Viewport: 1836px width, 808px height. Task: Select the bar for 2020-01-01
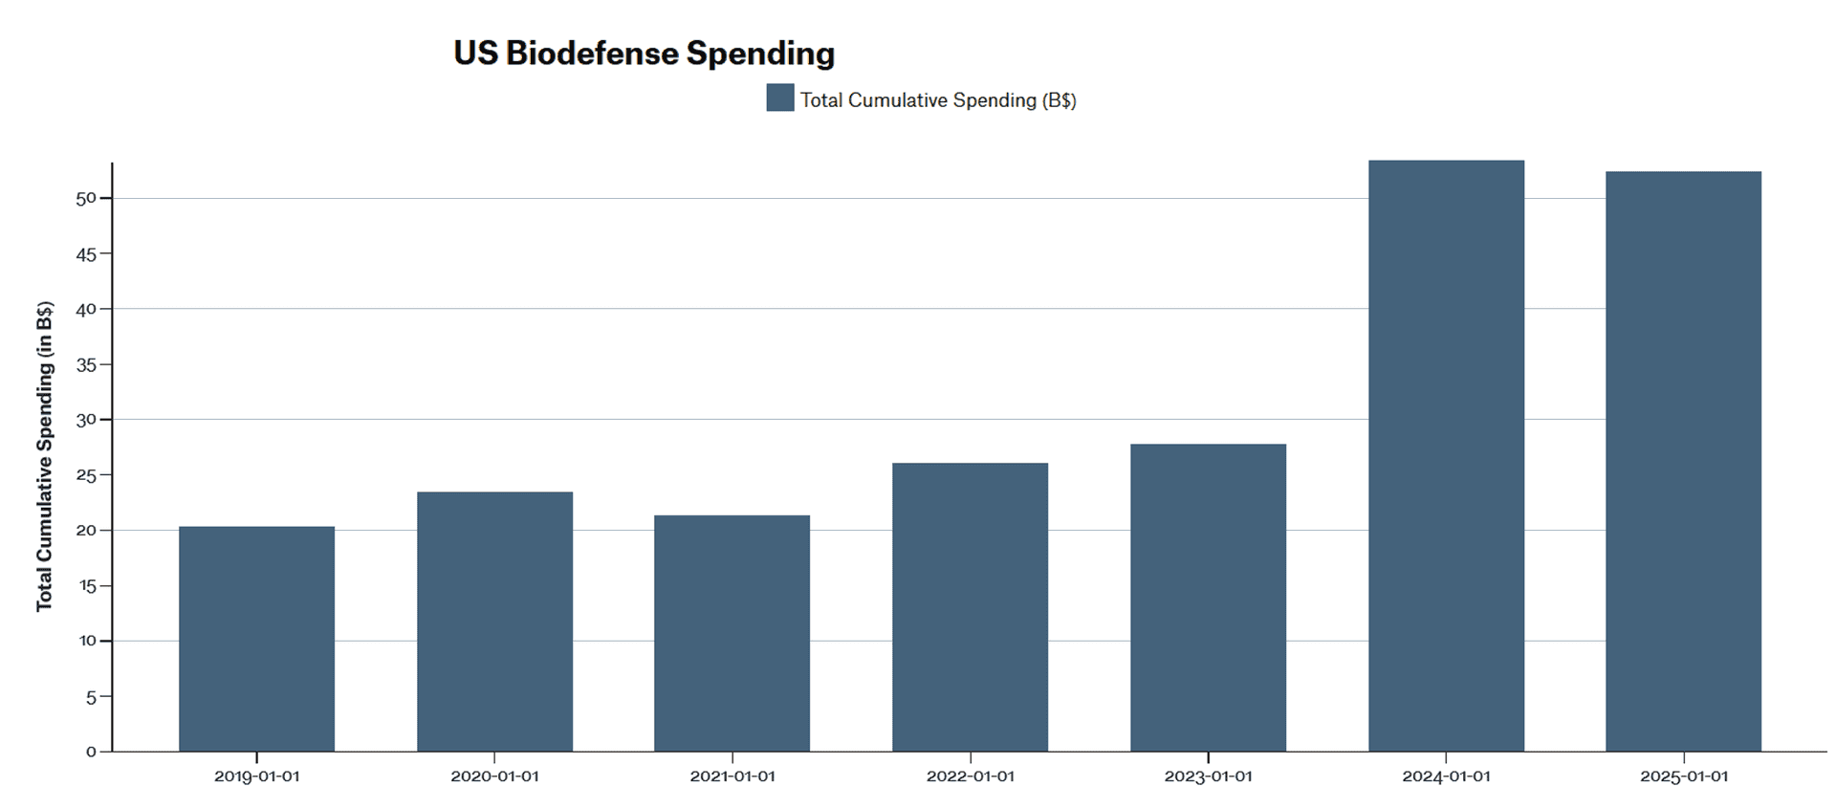click(x=494, y=622)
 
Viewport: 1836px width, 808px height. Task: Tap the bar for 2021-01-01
click(x=732, y=633)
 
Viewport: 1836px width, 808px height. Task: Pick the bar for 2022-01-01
click(x=970, y=607)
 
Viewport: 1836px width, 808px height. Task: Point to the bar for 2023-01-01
click(x=1208, y=598)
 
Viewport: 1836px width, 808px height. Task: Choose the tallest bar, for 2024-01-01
click(x=1446, y=455)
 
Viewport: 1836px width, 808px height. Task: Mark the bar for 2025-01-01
click(x=1683, y=461)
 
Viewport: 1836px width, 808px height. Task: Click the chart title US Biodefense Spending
click(x=644, y=54)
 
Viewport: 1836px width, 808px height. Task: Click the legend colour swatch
click(x=779, y=98)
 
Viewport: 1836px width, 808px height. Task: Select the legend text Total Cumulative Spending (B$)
click(x=938, y=100)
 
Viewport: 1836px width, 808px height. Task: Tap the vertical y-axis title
click(x=44, y=456)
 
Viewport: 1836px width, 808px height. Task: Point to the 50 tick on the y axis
click(x=87, y=198)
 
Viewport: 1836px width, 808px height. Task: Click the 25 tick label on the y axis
click(x=87, y=475)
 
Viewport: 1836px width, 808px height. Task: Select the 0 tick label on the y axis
click(x=92, y=752)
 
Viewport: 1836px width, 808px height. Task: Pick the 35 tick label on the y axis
click(x=87, y=364)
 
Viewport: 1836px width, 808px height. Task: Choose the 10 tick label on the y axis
click(x=87, y=641)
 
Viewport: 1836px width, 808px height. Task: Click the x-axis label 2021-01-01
click(x=732, y=776)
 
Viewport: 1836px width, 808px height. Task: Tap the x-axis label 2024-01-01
click(x=1446, y=776)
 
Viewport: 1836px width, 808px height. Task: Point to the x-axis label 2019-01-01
click(x=256, y=776)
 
